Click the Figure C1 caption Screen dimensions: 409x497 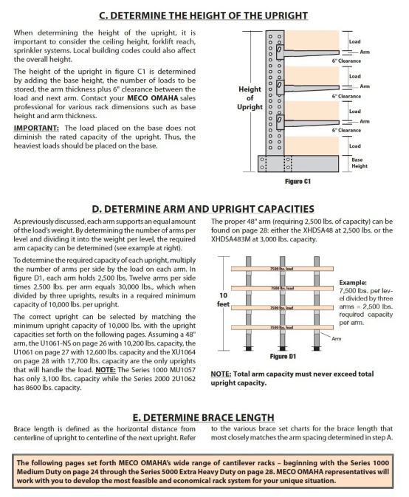pyautogui.click(x=298, y=182)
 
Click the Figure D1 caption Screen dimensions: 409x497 pyautogui.click(x=283, y=356)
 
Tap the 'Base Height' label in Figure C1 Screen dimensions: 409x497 pyautogui.click(x=360, y=163)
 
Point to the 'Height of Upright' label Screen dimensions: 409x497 pyautogui.click(x=250, y=98)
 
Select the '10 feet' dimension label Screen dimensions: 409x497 pyautogui.click(x=224, y=300)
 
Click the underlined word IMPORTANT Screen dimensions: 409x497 pyautogui.click(x=36, y=128)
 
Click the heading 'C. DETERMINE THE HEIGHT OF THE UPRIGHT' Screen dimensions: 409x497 pyautogui.click(x=203, y=16)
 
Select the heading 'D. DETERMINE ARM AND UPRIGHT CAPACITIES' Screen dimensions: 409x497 pyautogui.click(x=203, y=209)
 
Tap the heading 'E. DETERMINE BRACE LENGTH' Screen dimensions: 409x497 pyautogui.click(x=203, y=417)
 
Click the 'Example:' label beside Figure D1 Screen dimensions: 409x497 pyautogui.click(x=353, y=282)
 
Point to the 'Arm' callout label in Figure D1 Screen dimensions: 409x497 pyautogui.click(x=337, y=339)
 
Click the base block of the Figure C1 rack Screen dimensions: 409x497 pyautogui.click(x=298, y=163)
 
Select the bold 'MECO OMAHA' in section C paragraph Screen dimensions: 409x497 pyautogui.click(x=153, y=98)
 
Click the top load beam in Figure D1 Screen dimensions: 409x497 pyautogui.click(x=282, y=269)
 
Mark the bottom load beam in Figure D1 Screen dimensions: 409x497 pyautogui.click(x=282, y=327)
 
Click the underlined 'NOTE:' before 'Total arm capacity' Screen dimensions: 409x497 pyautogui.click(x=221, y=374)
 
